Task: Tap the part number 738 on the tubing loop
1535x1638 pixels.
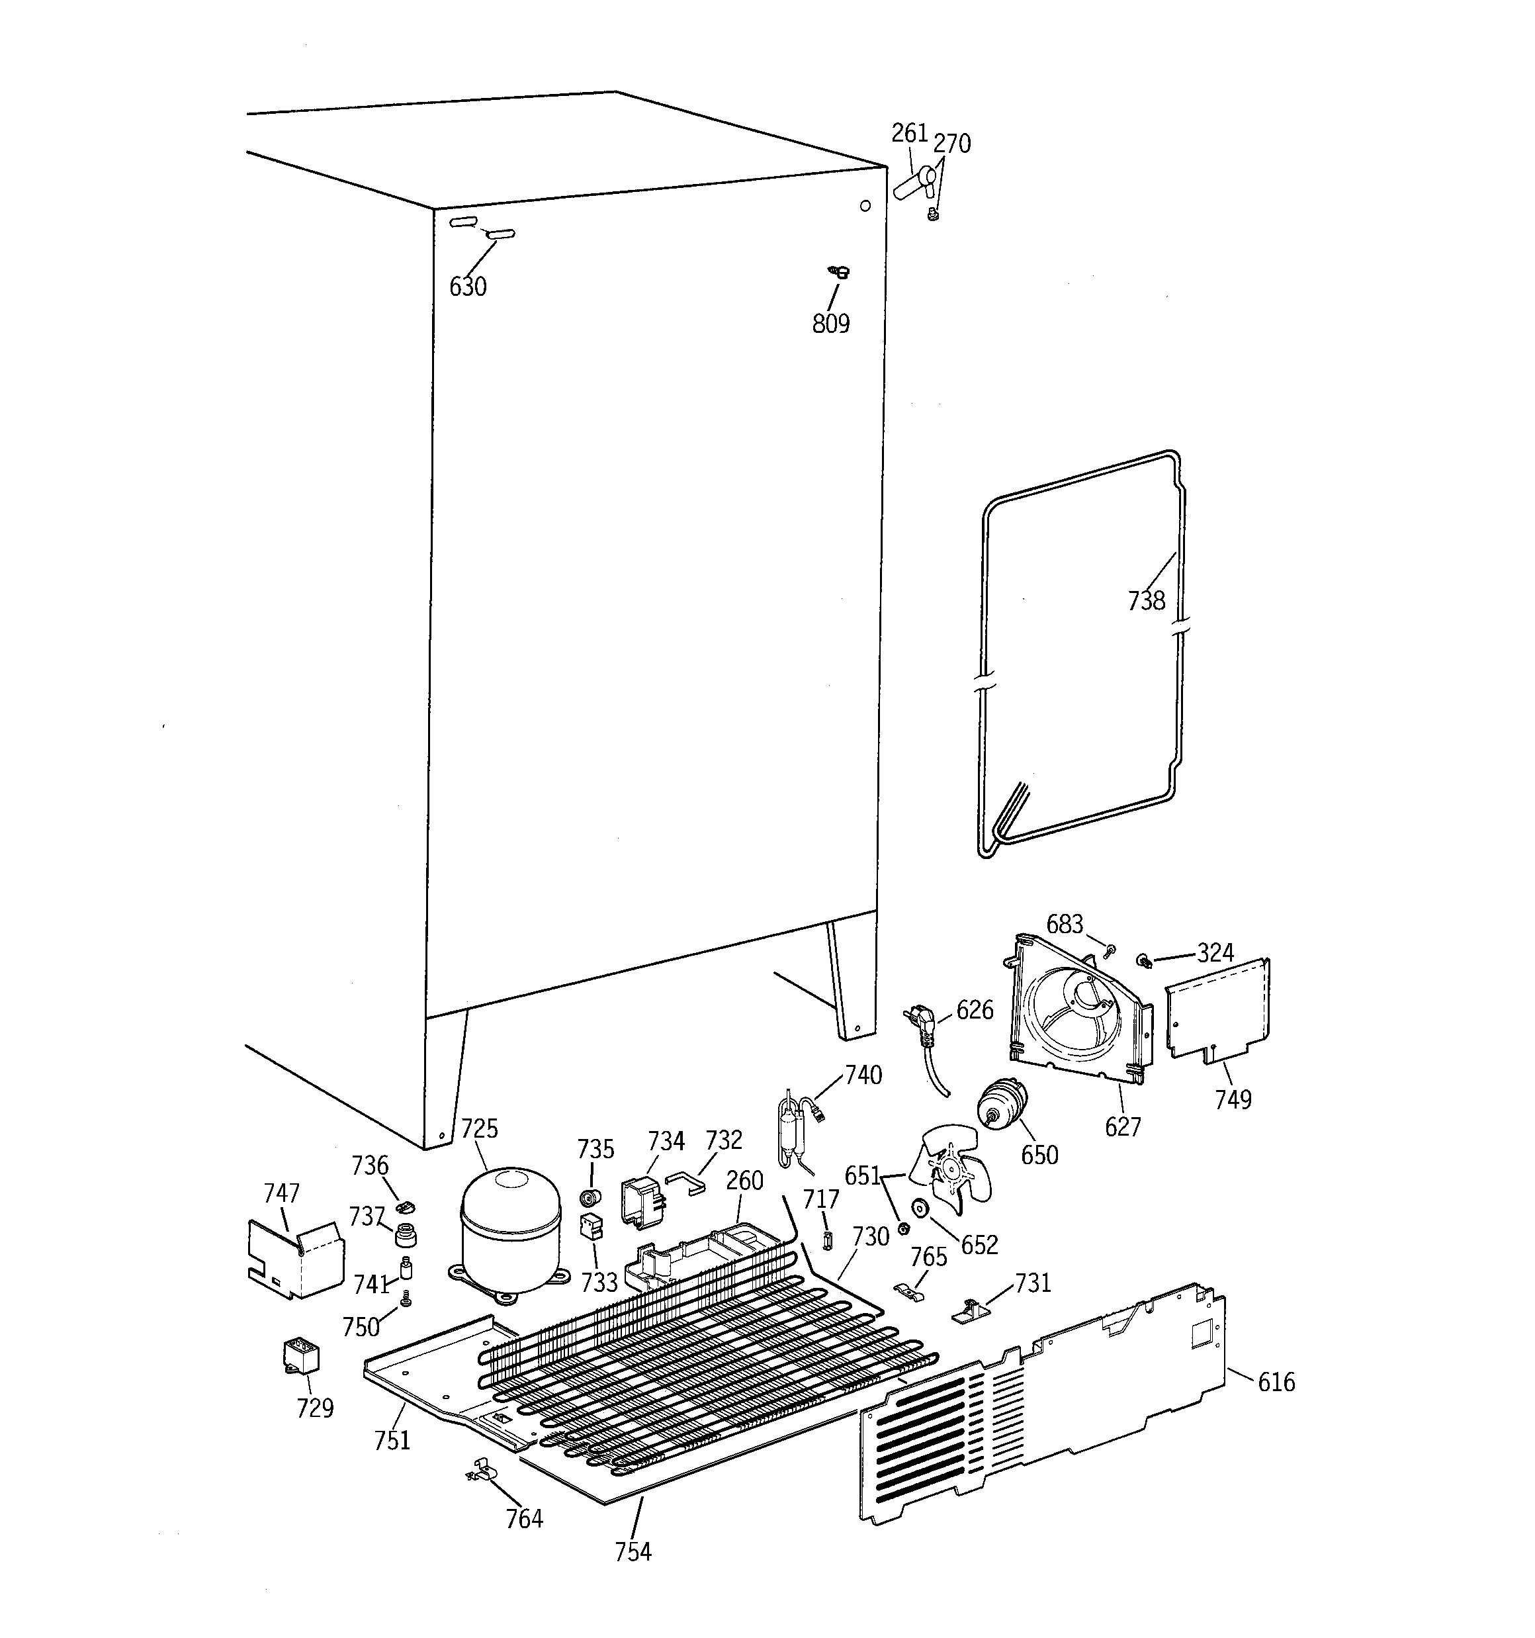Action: [x=1146, y=601]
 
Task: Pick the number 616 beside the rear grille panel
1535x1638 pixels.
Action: [x=1276, y=1382]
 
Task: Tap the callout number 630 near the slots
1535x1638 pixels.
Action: [x=467, y=287]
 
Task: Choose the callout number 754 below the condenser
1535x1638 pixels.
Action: [x=633, y=1551]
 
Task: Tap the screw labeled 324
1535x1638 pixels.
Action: [x=1145, y=960]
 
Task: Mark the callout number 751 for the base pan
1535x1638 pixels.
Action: [x=392, y=1439]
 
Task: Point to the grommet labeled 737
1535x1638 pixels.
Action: [x=404, y=1235]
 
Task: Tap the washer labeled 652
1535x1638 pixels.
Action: [x=920, y=1208]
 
